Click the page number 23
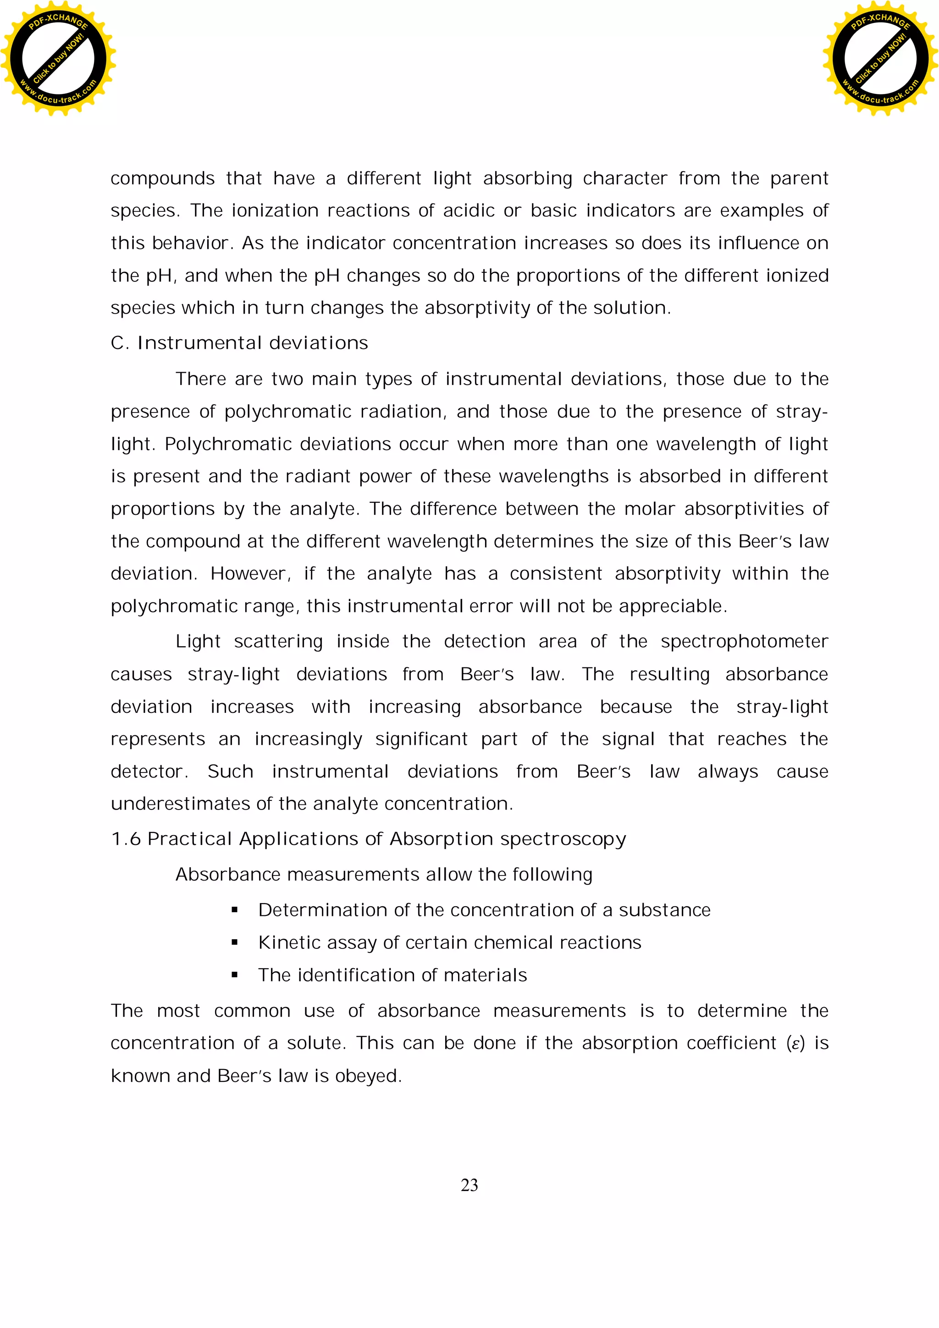pyautogui.click(x=469, y=1185)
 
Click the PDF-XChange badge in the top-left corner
pyautogui.click(x=58, y=58)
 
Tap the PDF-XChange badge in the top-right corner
pyautogui.click(x=880, y=58)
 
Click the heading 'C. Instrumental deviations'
pyautogui.click(x=239, y=343)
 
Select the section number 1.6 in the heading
pyautogui.click(x=126, y=839)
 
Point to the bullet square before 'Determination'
pyautogui.click(x=234, y=910)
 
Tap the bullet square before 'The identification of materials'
pyautogui.click(x=234, y=975)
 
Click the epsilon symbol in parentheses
pyautogui.click(x=795, y=1044)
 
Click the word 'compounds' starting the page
pyautogui.click(x=162, y=179)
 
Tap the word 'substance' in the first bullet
pyautogui.click(x=664, y=910)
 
